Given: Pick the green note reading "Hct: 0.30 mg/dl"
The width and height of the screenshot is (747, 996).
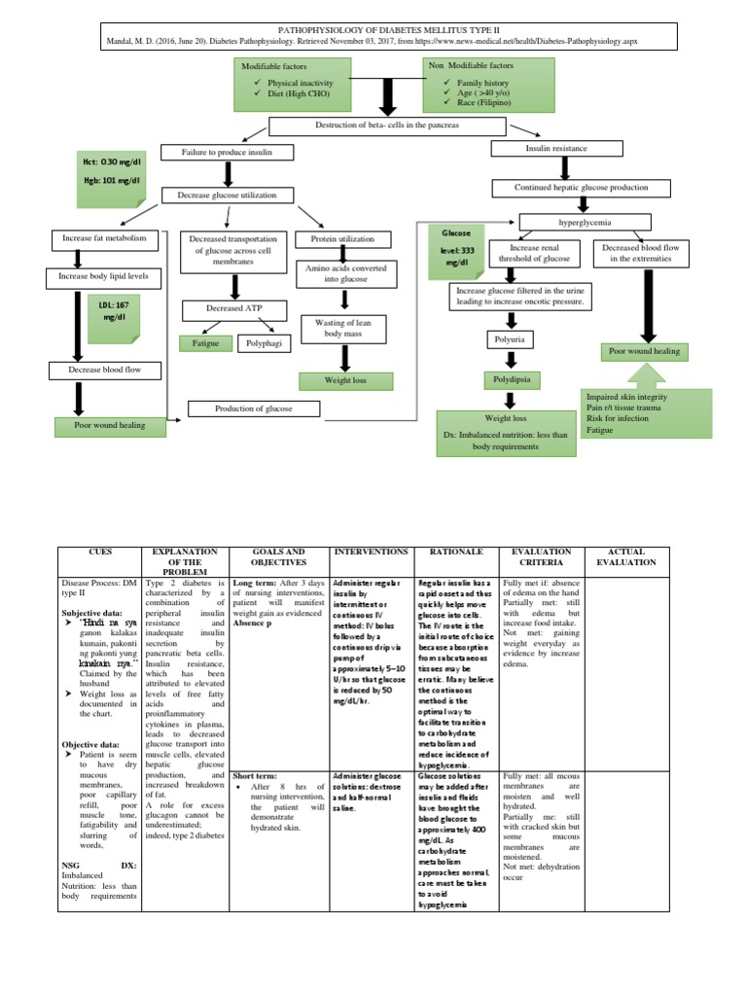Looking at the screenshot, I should [x=110, y=161].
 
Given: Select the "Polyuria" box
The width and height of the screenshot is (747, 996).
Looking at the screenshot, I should [x=513, y=339].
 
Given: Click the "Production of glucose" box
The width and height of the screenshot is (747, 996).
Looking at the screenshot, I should [x=253, y=409].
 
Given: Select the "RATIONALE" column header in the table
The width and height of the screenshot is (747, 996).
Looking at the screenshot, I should [x=455, y=551].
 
